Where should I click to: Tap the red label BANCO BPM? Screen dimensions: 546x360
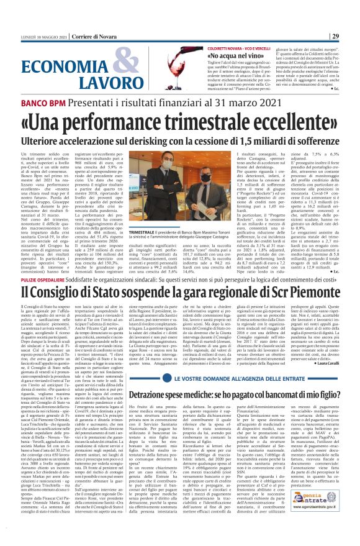(25, 100)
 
